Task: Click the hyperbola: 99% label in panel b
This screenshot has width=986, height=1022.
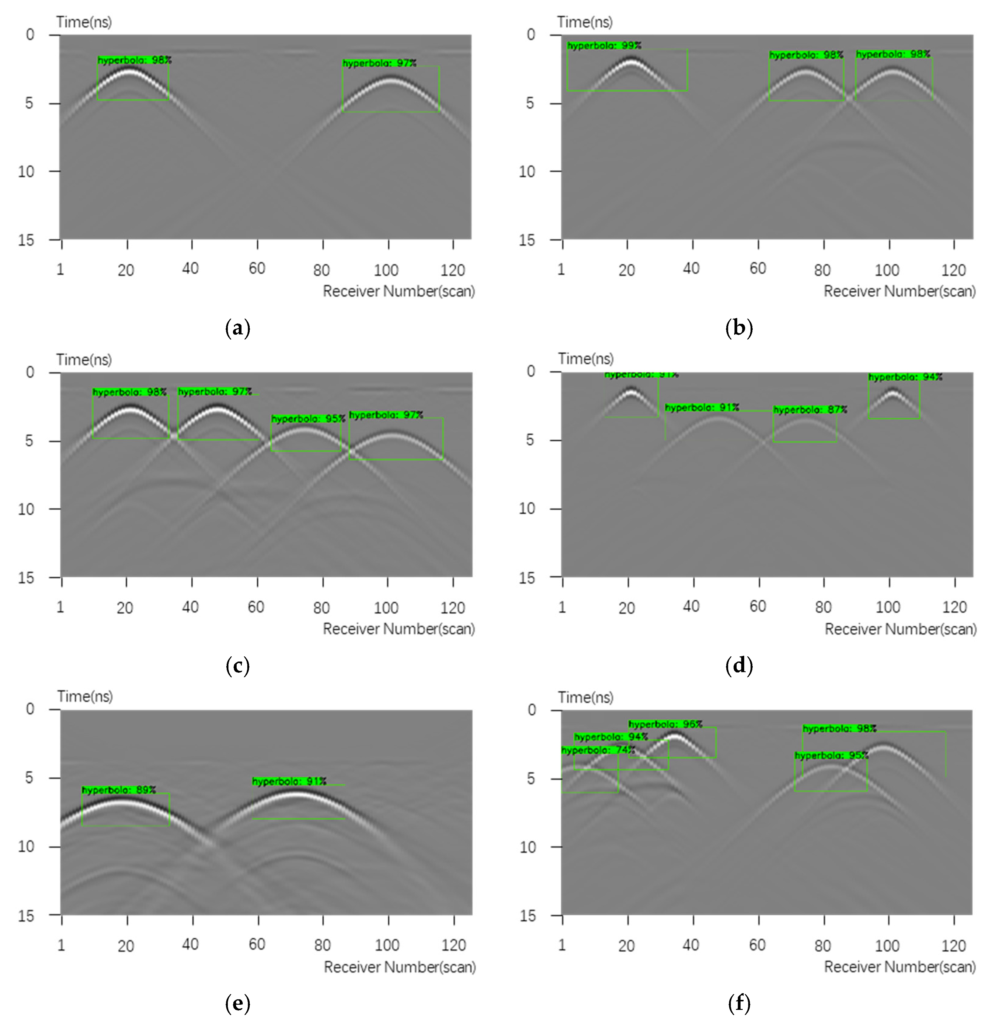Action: (604, 46)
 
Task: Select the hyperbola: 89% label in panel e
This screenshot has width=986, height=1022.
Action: (119, 790)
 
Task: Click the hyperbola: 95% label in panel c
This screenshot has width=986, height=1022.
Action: (308, 419)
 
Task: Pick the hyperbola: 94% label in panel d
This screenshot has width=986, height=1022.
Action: (905, 377)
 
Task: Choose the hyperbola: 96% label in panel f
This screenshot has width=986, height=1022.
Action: (665, 724)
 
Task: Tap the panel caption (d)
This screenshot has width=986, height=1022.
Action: (739, 666)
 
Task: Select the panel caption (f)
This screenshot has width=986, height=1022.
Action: (739, 1003)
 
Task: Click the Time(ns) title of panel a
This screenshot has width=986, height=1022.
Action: (84, 22)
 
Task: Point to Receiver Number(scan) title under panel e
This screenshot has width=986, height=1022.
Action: (400, 967)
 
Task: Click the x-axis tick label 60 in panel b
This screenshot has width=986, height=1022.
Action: (758, 269)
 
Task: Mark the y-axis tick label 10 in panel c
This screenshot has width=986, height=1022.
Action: (26, 509)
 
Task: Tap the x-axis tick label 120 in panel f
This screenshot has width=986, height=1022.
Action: (954, 945)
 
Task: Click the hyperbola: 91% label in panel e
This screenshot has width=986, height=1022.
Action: (289, 781)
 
